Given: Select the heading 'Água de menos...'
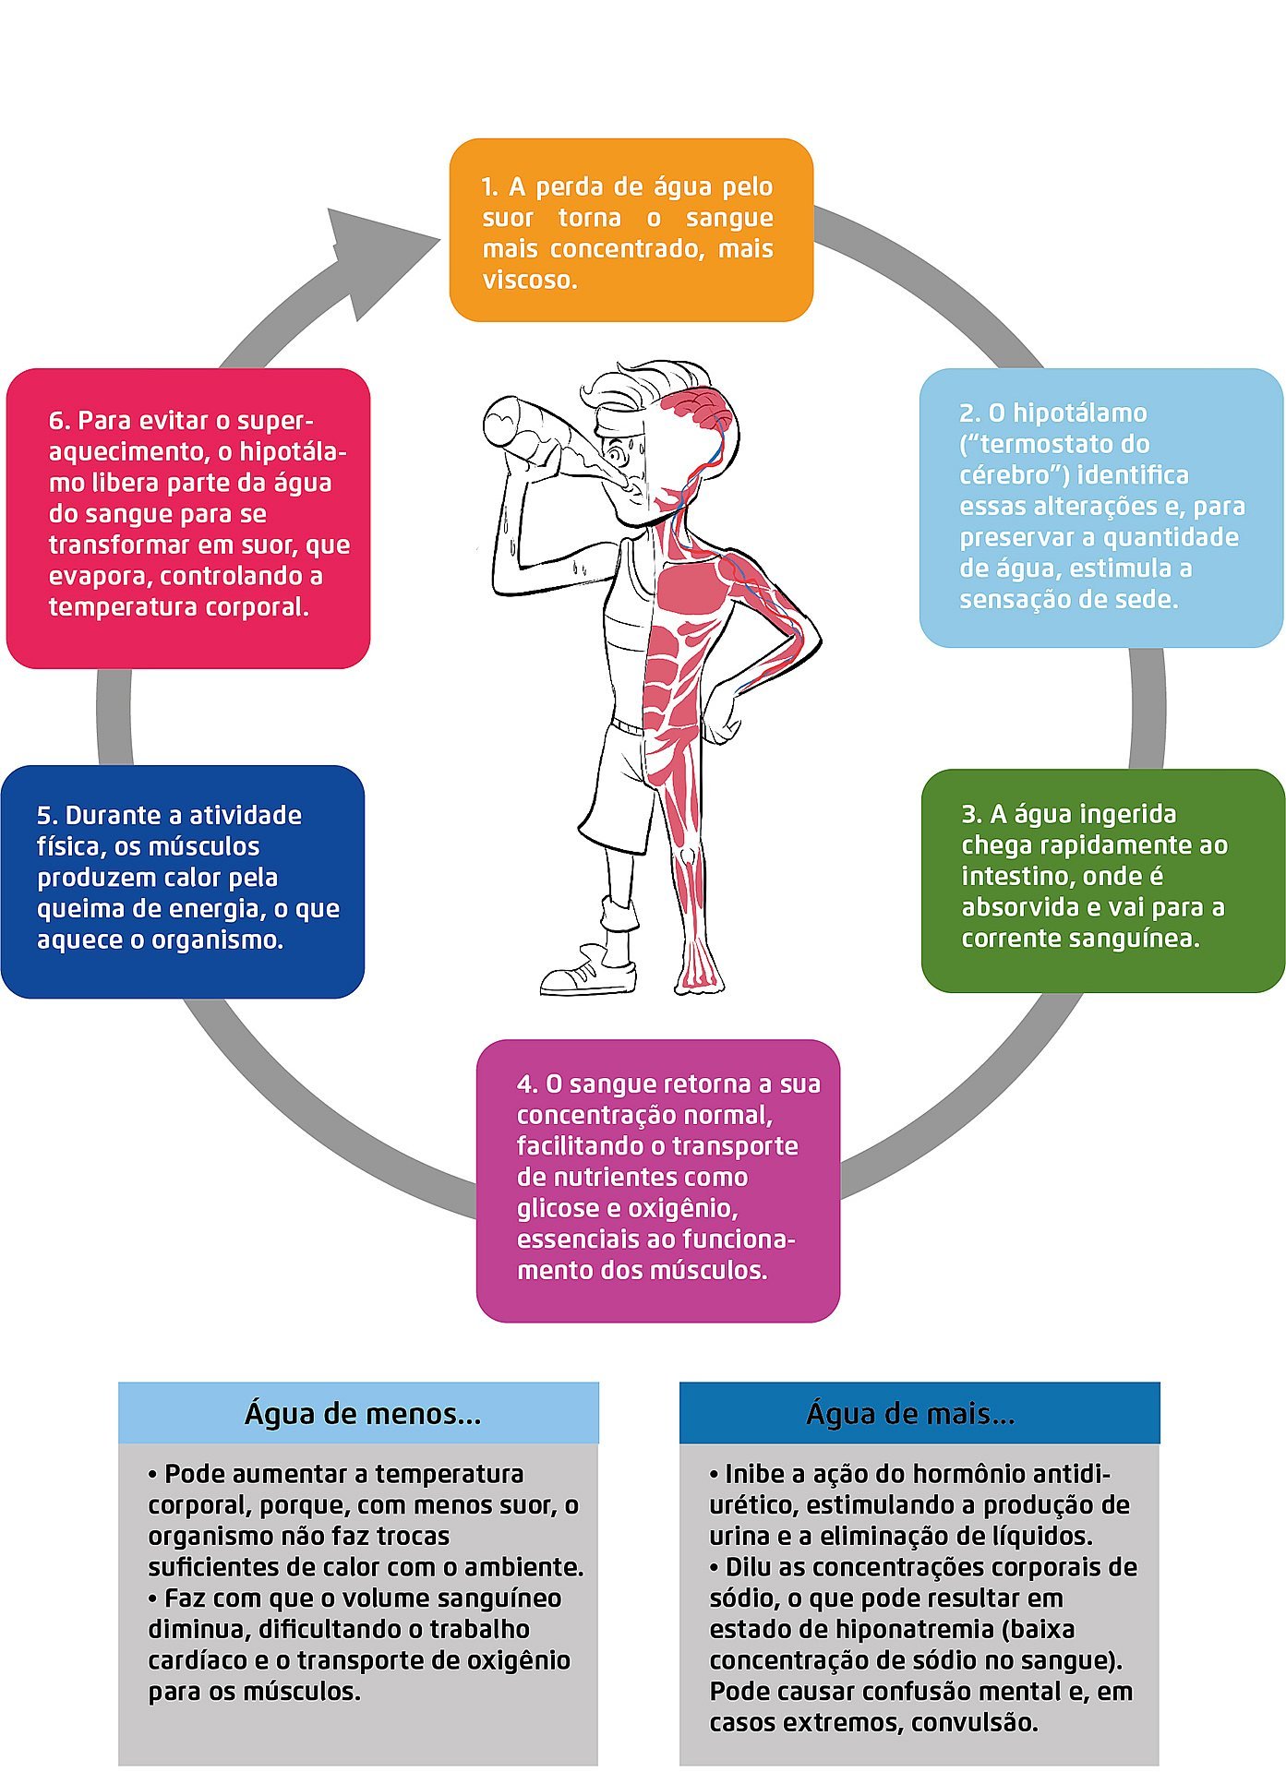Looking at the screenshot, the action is pos(363,1413).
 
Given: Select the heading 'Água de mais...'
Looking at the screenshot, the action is pos(910,1413).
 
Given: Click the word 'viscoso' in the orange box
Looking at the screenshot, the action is pos(529,280).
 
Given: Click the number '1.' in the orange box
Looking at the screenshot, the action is pos(490,187).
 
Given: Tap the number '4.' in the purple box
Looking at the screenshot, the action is pos(527,1084).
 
